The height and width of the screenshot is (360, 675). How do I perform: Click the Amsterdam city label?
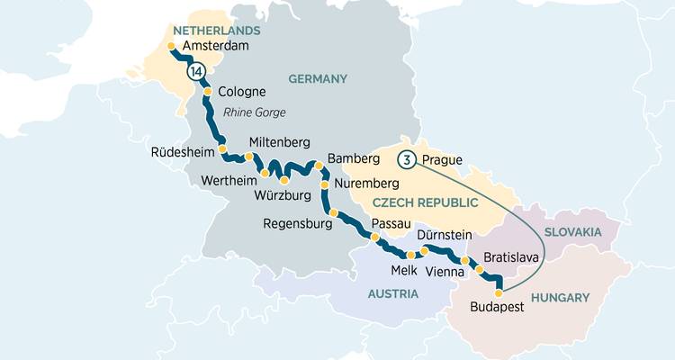click(x=214, y=47)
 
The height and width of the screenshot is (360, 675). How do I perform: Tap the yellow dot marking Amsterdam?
click(x=171, y=46)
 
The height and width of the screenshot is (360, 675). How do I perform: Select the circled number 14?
click(x=192, y=71)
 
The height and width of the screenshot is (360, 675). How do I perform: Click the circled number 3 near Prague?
click(x=408, y=160)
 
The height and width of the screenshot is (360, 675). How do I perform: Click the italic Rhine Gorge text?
click(x=255, y=112)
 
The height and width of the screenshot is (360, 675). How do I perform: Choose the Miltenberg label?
click(x=279, y=143)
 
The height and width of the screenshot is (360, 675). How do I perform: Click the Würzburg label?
click(x=282, y=195)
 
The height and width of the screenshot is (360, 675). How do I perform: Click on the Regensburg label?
click(x=298, y=223)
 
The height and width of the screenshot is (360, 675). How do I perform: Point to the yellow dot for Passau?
click(x=374, y=238)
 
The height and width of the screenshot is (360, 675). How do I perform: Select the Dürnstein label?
click(x=445, y=235)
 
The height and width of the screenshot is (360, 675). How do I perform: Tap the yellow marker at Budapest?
click(x=498, y=292)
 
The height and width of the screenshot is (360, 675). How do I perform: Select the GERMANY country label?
click(x=317, y=79)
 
